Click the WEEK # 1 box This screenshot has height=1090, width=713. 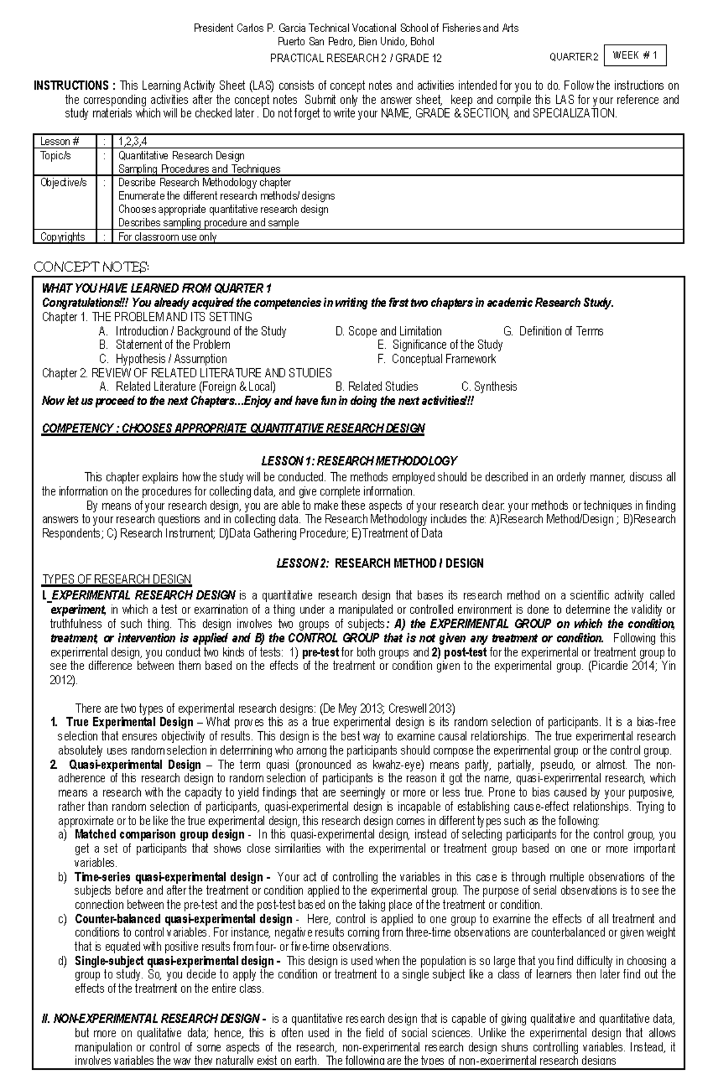(635, 56)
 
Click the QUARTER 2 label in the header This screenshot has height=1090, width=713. (573, 58)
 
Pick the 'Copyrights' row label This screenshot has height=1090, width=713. (62, 237)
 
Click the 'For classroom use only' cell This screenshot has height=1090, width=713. (168, 237)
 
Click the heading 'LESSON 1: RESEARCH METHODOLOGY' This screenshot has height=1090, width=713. (359, 461)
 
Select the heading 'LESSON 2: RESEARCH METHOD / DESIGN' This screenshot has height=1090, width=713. (380, 563)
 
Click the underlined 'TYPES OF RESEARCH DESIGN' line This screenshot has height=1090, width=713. (116, 579)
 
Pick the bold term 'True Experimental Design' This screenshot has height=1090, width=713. (130, 722)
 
